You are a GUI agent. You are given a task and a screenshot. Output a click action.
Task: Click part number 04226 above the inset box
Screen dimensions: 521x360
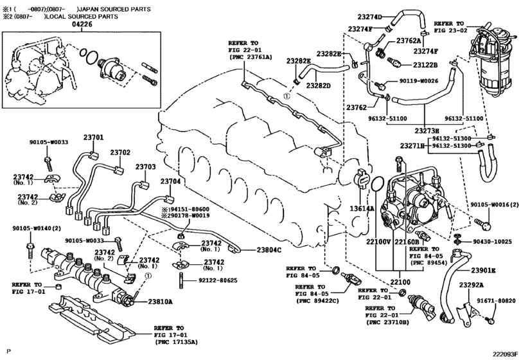82,24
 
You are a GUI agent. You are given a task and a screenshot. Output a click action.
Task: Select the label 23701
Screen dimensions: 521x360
93,137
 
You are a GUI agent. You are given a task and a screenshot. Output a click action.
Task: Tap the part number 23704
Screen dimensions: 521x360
171,181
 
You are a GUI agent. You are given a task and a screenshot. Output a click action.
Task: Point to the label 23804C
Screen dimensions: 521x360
269,249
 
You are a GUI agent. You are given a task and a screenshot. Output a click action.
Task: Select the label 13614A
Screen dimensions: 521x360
362,208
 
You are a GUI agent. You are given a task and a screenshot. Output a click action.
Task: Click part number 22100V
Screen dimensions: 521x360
378,242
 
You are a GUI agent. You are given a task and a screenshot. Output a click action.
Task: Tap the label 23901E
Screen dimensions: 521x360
482,270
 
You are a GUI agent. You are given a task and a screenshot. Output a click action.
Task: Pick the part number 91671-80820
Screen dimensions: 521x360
497,301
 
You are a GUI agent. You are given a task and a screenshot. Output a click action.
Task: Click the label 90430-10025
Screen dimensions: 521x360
493,242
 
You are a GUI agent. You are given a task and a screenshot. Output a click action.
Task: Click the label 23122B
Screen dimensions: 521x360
425,65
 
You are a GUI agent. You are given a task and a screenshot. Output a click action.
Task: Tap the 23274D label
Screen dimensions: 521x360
370,17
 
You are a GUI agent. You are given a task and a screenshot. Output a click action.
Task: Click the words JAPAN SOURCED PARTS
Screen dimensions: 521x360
114,9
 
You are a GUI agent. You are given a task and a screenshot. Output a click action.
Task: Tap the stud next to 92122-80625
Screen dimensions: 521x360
181,280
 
